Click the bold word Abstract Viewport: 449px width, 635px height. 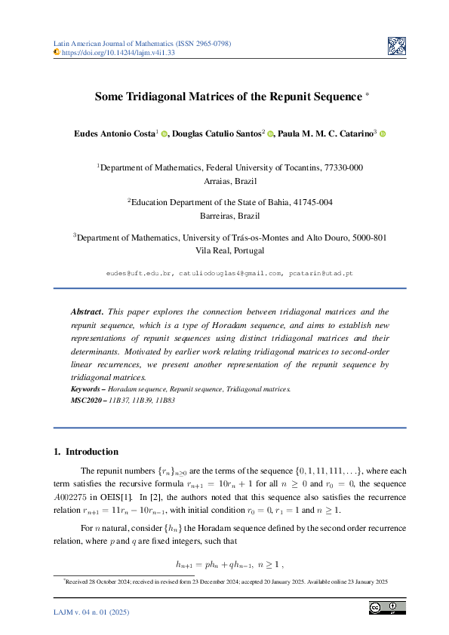[88, 311]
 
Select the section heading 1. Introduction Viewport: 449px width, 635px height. [86, 452]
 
